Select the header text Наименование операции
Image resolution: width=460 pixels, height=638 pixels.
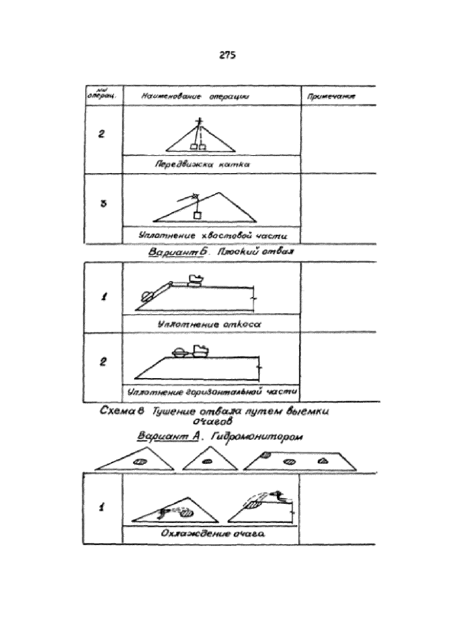coord(195,97)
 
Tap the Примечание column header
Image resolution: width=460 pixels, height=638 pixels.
coord(331,97)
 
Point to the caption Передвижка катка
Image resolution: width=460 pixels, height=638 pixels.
coord(202,165)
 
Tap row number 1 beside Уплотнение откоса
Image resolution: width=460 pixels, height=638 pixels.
coord(104,297)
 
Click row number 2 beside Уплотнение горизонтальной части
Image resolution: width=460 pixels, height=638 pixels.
coord(103,362)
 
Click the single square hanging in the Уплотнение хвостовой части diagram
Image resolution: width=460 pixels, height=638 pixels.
coord(197,216)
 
